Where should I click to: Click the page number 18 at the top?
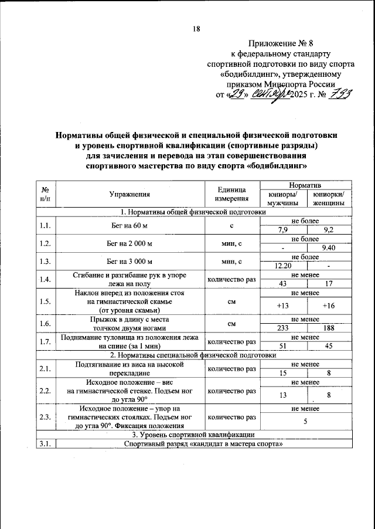(197, 29)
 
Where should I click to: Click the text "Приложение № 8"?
(281, 44)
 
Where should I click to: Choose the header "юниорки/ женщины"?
(329, 199)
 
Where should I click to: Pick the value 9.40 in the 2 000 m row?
(329, 248)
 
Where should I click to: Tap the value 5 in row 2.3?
(306, 421)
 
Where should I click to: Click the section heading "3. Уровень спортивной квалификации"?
(193, 435)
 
